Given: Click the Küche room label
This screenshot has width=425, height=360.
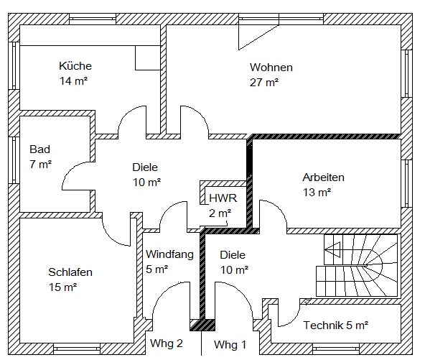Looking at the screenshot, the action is pyautogui.click(x=75, y=66).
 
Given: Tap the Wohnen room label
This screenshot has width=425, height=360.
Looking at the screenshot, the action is pyautogui.click(x=271, y=68).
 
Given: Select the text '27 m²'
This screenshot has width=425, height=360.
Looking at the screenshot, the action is pyautogui.click(x=264, y=82).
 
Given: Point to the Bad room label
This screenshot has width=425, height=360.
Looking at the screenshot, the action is pyautogui.click(x=40, y=149).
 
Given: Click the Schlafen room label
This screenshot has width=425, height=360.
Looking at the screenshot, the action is pyautogui.click(x=70, y=272).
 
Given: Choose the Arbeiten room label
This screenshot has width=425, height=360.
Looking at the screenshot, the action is pyautogui.click(x=323, y=177).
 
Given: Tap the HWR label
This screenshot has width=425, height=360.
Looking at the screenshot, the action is pyautogui.click(x=223, y=198).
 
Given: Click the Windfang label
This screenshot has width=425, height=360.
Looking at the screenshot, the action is pyautogui.click(x=169, y=254).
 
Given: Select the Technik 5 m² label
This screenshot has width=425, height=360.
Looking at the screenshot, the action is pyautogui.click(x=336, y=325).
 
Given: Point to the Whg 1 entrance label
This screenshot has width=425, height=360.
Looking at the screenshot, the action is pyautogui.click(x=230, y=345).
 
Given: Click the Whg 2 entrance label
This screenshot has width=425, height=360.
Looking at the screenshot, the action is pyautogui.click(x=167, y=343).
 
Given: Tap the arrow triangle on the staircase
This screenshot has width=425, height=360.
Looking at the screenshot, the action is pyautogui.click(x=332, y=249).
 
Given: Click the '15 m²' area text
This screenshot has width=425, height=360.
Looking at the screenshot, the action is pyautogui.click(x=62, y=287).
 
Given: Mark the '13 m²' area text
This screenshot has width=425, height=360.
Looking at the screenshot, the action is pyautogui.click(x=317, y=193).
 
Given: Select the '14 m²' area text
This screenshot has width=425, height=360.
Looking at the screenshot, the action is pyautogui.click(x=73, y=81).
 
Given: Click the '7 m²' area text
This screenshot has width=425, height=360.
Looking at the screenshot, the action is pyautogui.click(x=41, y=164).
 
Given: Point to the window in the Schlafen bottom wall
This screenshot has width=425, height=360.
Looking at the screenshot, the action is pyautogui.click(x=77, y=349).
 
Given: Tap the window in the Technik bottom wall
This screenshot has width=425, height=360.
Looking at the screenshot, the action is pyautogui.click(x=336, y=349).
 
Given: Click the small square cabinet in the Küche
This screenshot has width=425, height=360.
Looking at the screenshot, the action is pyautogui.click(x=148, y=58).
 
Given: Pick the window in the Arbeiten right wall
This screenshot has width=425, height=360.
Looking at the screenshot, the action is pyautogui.click(x=406, y=184).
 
